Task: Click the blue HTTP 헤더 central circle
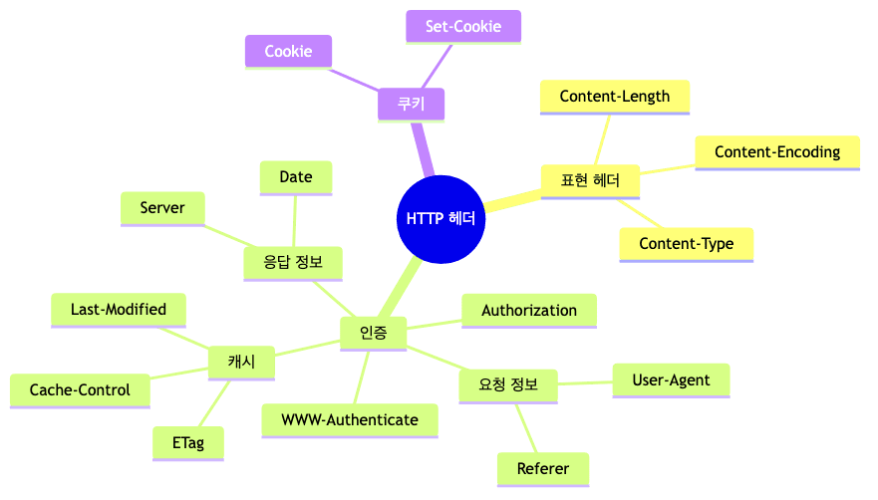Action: click(440, 219)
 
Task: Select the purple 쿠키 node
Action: click(411, 105)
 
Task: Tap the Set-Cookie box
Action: click(463, 27)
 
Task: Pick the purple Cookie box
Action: click(288, 52)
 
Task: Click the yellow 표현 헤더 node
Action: click(590, 181)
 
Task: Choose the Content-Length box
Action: click(615, 97)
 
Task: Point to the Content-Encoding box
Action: click(777, 152)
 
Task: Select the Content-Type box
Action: click(686, 244)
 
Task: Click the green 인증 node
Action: click(373, 333)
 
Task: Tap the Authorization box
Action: click(529, 311)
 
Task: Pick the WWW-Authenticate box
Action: click(350, 419)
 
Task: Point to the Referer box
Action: click(543, 469)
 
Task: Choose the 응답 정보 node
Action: click(293, 264)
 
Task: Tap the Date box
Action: click(296, 177)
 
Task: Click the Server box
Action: click(162, 208)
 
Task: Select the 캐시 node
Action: click(241, 363)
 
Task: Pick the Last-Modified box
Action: click(119, 310)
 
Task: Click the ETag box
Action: click(187, 443)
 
